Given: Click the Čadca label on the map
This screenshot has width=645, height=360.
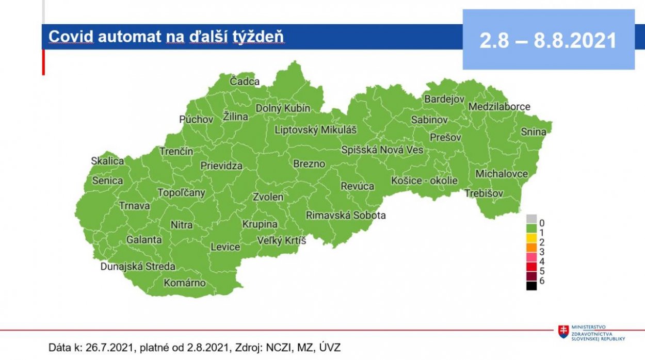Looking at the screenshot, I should point(245,81).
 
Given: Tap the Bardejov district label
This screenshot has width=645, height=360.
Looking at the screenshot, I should point(444,99).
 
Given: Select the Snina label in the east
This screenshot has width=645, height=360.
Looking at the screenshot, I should point(533,132).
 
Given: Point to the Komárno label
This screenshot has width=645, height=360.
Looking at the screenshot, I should point(184,283).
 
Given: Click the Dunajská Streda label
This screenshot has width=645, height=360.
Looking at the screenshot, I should point(138,267).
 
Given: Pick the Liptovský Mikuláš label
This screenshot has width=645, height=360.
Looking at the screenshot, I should point(315,129).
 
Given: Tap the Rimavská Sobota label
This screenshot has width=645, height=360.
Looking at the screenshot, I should point(346,215).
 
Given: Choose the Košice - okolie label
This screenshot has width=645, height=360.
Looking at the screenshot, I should point(424,181).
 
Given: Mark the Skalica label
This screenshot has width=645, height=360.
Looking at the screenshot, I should point(107,161).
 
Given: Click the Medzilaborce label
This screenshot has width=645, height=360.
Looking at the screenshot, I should point(499,107).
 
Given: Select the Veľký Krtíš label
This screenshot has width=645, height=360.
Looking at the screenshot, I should point(281,240).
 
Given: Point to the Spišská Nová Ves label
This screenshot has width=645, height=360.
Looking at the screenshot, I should point(382,150).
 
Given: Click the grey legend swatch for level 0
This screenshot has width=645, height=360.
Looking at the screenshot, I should point(531,219).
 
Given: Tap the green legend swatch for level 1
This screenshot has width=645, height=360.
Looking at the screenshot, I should point(531,228).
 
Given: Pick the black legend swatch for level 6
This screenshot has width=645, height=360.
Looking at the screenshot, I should point(531,285).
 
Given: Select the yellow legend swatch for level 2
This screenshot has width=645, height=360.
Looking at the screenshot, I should point(531,238).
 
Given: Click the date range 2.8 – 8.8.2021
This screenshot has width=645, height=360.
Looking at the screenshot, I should point(548,40).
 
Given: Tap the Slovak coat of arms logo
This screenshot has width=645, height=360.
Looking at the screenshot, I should point(563,332).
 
